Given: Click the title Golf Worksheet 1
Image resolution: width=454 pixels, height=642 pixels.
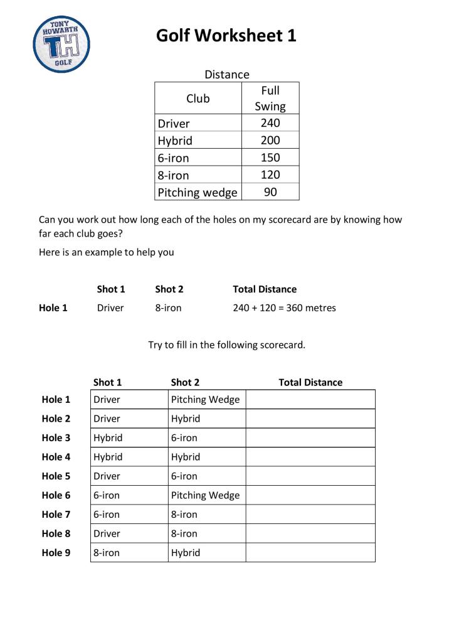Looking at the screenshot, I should [226, 36].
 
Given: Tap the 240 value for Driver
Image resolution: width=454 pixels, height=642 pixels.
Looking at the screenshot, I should [270, 123].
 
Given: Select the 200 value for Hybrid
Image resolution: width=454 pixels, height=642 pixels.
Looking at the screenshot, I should [270, 140].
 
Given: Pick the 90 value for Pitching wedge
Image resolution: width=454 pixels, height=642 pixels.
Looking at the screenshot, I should [270, 192].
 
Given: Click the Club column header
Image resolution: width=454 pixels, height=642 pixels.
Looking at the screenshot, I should [198, 99].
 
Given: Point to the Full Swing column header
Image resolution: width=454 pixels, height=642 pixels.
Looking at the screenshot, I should [270, 99].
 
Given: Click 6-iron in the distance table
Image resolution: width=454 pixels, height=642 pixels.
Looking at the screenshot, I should [174, 158].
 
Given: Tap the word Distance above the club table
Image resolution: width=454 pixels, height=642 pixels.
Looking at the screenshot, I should [226, 75].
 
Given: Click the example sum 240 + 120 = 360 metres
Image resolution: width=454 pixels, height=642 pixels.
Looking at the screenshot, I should [284, 308].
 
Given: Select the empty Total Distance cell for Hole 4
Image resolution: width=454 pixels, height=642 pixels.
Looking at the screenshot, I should [310, 457].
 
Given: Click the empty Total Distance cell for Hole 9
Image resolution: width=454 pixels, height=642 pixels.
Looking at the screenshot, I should [310, 553].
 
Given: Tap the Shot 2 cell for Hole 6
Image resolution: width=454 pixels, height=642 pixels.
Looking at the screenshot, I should [206, 495].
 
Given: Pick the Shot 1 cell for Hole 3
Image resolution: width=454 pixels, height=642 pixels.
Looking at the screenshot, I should [129, 438].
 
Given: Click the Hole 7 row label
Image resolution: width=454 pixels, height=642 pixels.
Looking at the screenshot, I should [56, 515].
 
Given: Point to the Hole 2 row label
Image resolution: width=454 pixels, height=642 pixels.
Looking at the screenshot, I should [56, 419].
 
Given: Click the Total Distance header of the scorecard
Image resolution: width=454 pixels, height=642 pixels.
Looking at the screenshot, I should [310, 382].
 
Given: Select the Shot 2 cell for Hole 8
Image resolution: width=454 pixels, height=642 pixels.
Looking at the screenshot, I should [206, 533].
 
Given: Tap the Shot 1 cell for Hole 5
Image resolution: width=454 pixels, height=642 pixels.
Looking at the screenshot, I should [129, 476].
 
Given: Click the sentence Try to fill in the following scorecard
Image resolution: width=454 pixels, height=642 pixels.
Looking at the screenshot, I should [226, 345].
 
